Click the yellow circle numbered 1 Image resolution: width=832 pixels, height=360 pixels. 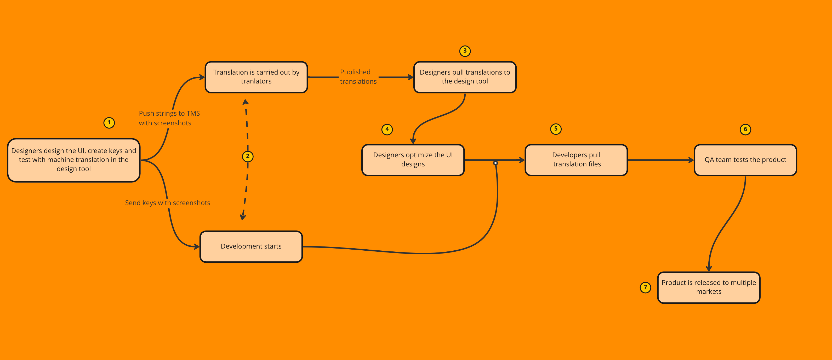(109, 123)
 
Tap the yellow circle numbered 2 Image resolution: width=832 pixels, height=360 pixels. (248, 156)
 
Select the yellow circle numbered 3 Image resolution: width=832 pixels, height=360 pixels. (465, 51)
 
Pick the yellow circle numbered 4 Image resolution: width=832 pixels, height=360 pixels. (387, 129)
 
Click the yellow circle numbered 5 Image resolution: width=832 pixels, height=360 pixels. (556, 129)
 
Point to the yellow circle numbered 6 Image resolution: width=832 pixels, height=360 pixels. (745, 129)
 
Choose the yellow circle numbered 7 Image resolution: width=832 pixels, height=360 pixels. (645, 287)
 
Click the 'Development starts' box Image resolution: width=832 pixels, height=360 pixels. (251, 246)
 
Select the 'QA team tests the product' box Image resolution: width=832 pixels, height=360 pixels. (745, 160)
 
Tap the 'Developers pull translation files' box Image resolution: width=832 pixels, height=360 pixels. (576, 160)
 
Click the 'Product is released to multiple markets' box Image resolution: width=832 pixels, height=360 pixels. (709, 287)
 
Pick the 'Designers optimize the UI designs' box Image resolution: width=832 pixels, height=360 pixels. (413, 160)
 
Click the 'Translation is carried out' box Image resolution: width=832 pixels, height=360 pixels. (256, 77)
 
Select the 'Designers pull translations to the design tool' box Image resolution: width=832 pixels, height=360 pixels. (465, 77)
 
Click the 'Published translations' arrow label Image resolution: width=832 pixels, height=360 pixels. (358, 77)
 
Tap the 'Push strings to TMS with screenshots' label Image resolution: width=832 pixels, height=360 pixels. (169, 118)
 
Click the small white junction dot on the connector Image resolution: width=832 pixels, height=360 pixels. (495, 163)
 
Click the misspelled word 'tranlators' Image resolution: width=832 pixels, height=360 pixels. (256, 81)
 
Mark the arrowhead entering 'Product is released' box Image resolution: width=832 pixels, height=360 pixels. (709, 268)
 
